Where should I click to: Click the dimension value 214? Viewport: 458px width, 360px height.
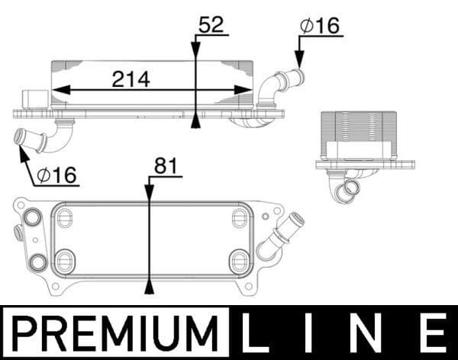point(131,78)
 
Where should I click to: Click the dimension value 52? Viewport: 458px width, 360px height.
point(211,25)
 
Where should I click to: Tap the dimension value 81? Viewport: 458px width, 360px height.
point(166,166)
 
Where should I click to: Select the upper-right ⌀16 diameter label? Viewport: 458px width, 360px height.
point(321,25)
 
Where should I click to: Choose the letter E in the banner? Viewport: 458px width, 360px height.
point(432,333)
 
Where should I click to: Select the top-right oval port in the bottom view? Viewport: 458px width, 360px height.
point(240,218)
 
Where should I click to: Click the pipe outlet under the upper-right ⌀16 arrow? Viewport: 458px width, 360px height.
point(295,77)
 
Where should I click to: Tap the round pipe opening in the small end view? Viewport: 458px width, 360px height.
point(352,188)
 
